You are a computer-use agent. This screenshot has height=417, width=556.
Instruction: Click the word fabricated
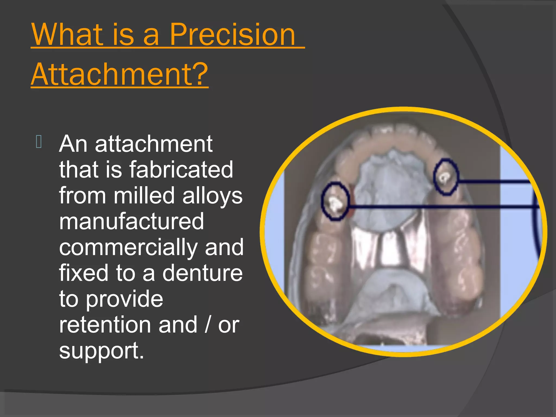pos(181,169)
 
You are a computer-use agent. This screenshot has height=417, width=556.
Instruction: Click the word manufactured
pos(131,222)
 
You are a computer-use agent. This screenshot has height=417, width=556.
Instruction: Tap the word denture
pos(202,273)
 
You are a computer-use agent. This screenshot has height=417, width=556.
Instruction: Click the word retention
pos(105,325)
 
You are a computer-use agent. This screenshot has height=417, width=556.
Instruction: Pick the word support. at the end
pos(101,351)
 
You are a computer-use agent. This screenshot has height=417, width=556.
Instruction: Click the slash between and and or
pos(208,325)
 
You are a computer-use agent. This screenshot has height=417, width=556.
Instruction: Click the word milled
pos(144,195)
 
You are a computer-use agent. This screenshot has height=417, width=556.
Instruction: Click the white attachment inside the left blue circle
pos(335,204)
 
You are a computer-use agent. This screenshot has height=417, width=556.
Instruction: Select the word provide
pos(125,299)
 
